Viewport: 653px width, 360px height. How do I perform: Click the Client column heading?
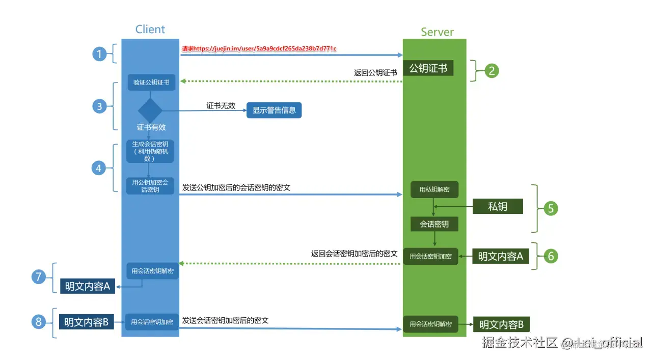pyautogui.click(x=150, y=29)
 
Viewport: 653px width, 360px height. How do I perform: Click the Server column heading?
pyautogui.click(x=437, y=32)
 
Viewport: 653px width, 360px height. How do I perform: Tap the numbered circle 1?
pyautogui.click(x=100, y=53)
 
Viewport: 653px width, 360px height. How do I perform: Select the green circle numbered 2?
pyautogui.click(x=492, y=70)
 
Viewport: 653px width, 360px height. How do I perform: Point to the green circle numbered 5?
pyautogui.click(x=551, y=208)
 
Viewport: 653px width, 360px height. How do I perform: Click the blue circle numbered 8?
pyautogui.click(x=38, y=321)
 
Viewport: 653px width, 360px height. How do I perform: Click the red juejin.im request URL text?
pyautogui.click(x=259, y=48)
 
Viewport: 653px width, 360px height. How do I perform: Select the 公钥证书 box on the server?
pyautogui.click(x=428, y=68)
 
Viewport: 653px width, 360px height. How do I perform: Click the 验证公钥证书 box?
pyautogui.click(x=151, y=82)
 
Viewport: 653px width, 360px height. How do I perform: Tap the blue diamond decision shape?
pyautogui.click(x=150, y=110)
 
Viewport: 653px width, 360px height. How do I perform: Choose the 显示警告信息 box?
pyautogui.click(x=274, y=110)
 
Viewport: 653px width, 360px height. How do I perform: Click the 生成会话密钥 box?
pyautogui.click(x=150, y=151)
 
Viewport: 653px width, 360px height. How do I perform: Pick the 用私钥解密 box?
pyautogui.click(x=434, y=189)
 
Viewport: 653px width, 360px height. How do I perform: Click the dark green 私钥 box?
pyautogui.click(x=498, y=206)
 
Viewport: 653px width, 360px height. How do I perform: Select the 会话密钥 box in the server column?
pyautogui.click(x=434, y=224)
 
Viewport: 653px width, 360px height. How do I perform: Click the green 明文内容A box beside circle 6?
pyautogui.click(x=500, y=256)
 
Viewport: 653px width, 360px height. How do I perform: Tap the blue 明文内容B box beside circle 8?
pyautogui.click(x=86, y=322)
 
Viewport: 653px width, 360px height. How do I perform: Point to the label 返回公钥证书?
pyautogui.click(x=375, y=73)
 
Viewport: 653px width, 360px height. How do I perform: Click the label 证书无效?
pyautogui.click(x=221, y=105)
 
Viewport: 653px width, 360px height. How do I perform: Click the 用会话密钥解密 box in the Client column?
pyautogui.click(x=152, y=271)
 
